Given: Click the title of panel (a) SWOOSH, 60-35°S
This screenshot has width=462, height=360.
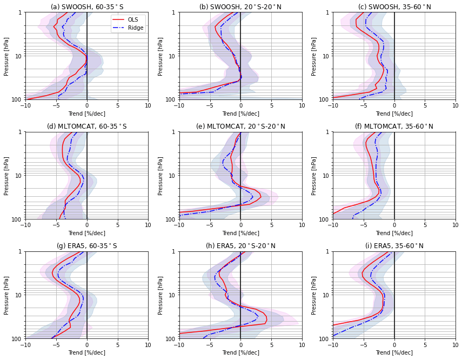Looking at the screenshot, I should point(86,7).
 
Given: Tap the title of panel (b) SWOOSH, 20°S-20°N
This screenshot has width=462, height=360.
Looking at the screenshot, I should point(240,7).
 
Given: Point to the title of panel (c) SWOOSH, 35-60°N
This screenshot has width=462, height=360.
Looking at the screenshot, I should point(394,7).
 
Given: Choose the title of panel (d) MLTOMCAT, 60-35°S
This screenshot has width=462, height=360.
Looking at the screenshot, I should point(86,126).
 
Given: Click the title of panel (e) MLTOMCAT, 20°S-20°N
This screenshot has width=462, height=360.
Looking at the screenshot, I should point(240,126).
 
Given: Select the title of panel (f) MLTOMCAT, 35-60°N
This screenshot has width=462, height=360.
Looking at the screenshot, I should point(394,126).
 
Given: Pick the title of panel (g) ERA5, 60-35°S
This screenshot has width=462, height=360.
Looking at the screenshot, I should point(86,246).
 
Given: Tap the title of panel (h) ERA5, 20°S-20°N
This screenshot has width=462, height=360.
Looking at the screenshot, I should point(240,246).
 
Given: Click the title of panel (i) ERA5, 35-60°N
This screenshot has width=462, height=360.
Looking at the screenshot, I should point(394,246).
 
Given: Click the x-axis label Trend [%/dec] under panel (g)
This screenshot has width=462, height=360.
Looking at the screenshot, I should point(86,353).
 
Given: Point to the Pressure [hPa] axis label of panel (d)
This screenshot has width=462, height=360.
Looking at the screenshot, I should point(6,176).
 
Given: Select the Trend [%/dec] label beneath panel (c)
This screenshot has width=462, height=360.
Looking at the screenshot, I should point(394,114).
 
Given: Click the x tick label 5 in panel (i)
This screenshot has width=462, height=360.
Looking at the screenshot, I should point(425,345).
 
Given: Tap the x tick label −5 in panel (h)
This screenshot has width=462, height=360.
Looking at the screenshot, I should point(210,345).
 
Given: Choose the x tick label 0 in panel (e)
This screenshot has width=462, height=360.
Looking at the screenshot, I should point(240,225).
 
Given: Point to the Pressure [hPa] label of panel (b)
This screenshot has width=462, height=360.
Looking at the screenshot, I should point(160,56).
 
